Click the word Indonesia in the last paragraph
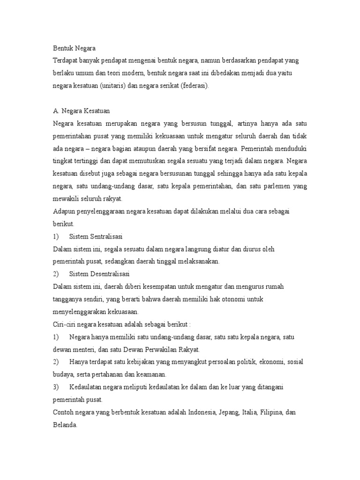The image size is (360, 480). pos(205,413)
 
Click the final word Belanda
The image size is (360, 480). pos(65,426)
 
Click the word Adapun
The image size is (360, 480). pos(65,211)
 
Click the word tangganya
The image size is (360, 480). pos(67,299)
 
